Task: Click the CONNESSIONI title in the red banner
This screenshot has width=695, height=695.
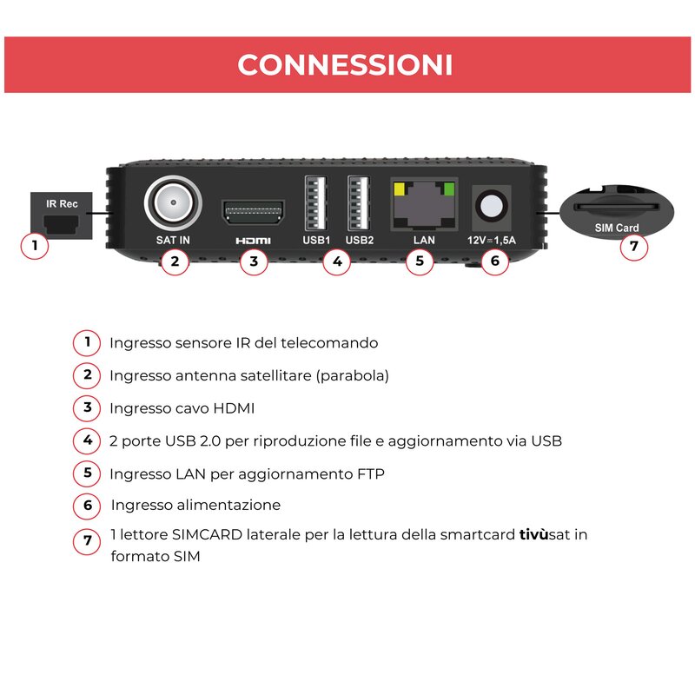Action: [x=345, y=64]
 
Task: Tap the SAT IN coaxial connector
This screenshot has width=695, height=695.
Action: [x=173, y=202]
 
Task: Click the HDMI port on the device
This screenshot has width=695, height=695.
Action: [x=253, y=212]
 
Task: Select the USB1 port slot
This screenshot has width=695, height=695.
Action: [x=315, y=203]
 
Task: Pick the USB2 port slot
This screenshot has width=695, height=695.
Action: [x=359, y=203]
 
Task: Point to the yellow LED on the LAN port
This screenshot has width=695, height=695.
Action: [x=399, y=189]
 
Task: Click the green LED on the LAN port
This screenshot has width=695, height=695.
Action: [x=449, y=189]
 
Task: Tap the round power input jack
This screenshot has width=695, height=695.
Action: [x=491, y=206]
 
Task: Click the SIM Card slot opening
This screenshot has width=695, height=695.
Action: [x=616, y=207]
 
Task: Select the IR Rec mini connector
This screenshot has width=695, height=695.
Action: [x=61, y=223]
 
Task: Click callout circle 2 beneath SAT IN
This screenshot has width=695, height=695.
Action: [x=175, y=261]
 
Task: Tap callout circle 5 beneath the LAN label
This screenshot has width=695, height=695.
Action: [x=420, y=261]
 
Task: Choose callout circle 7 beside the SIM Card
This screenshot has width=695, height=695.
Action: [x=634, y=246]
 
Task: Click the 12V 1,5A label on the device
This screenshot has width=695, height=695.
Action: [x=492, y=241]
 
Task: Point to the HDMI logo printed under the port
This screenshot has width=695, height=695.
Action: [x=253, y=241]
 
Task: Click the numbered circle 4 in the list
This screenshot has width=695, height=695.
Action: [x=88, y=440]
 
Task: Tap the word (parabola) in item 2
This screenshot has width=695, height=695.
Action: [x=353, y=376]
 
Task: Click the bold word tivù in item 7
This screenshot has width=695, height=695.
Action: [x=534, y=534]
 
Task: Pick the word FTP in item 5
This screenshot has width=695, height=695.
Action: [x=371, y=473]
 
